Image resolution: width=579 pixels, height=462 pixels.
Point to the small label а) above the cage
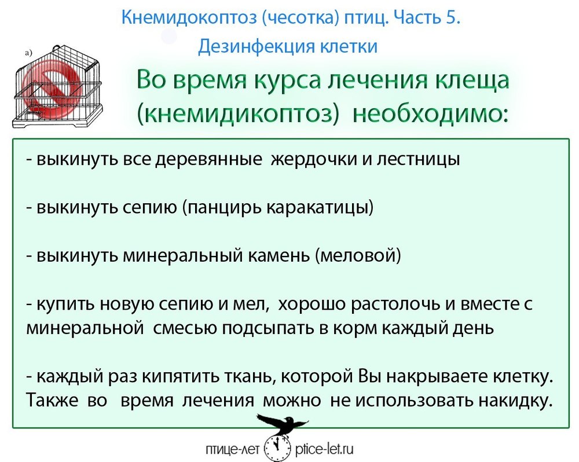point(29,53)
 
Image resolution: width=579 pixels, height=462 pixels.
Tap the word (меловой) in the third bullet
point(358,255)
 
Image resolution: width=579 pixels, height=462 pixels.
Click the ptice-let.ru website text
point(325,449)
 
